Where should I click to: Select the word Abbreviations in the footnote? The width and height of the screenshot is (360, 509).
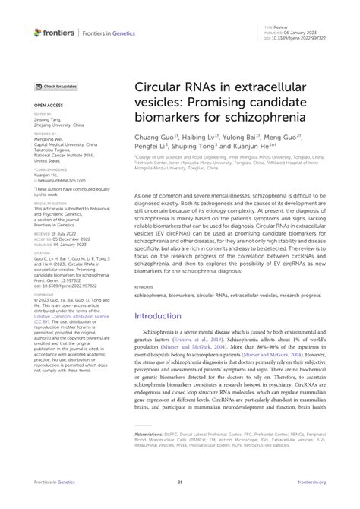point(150,435)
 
